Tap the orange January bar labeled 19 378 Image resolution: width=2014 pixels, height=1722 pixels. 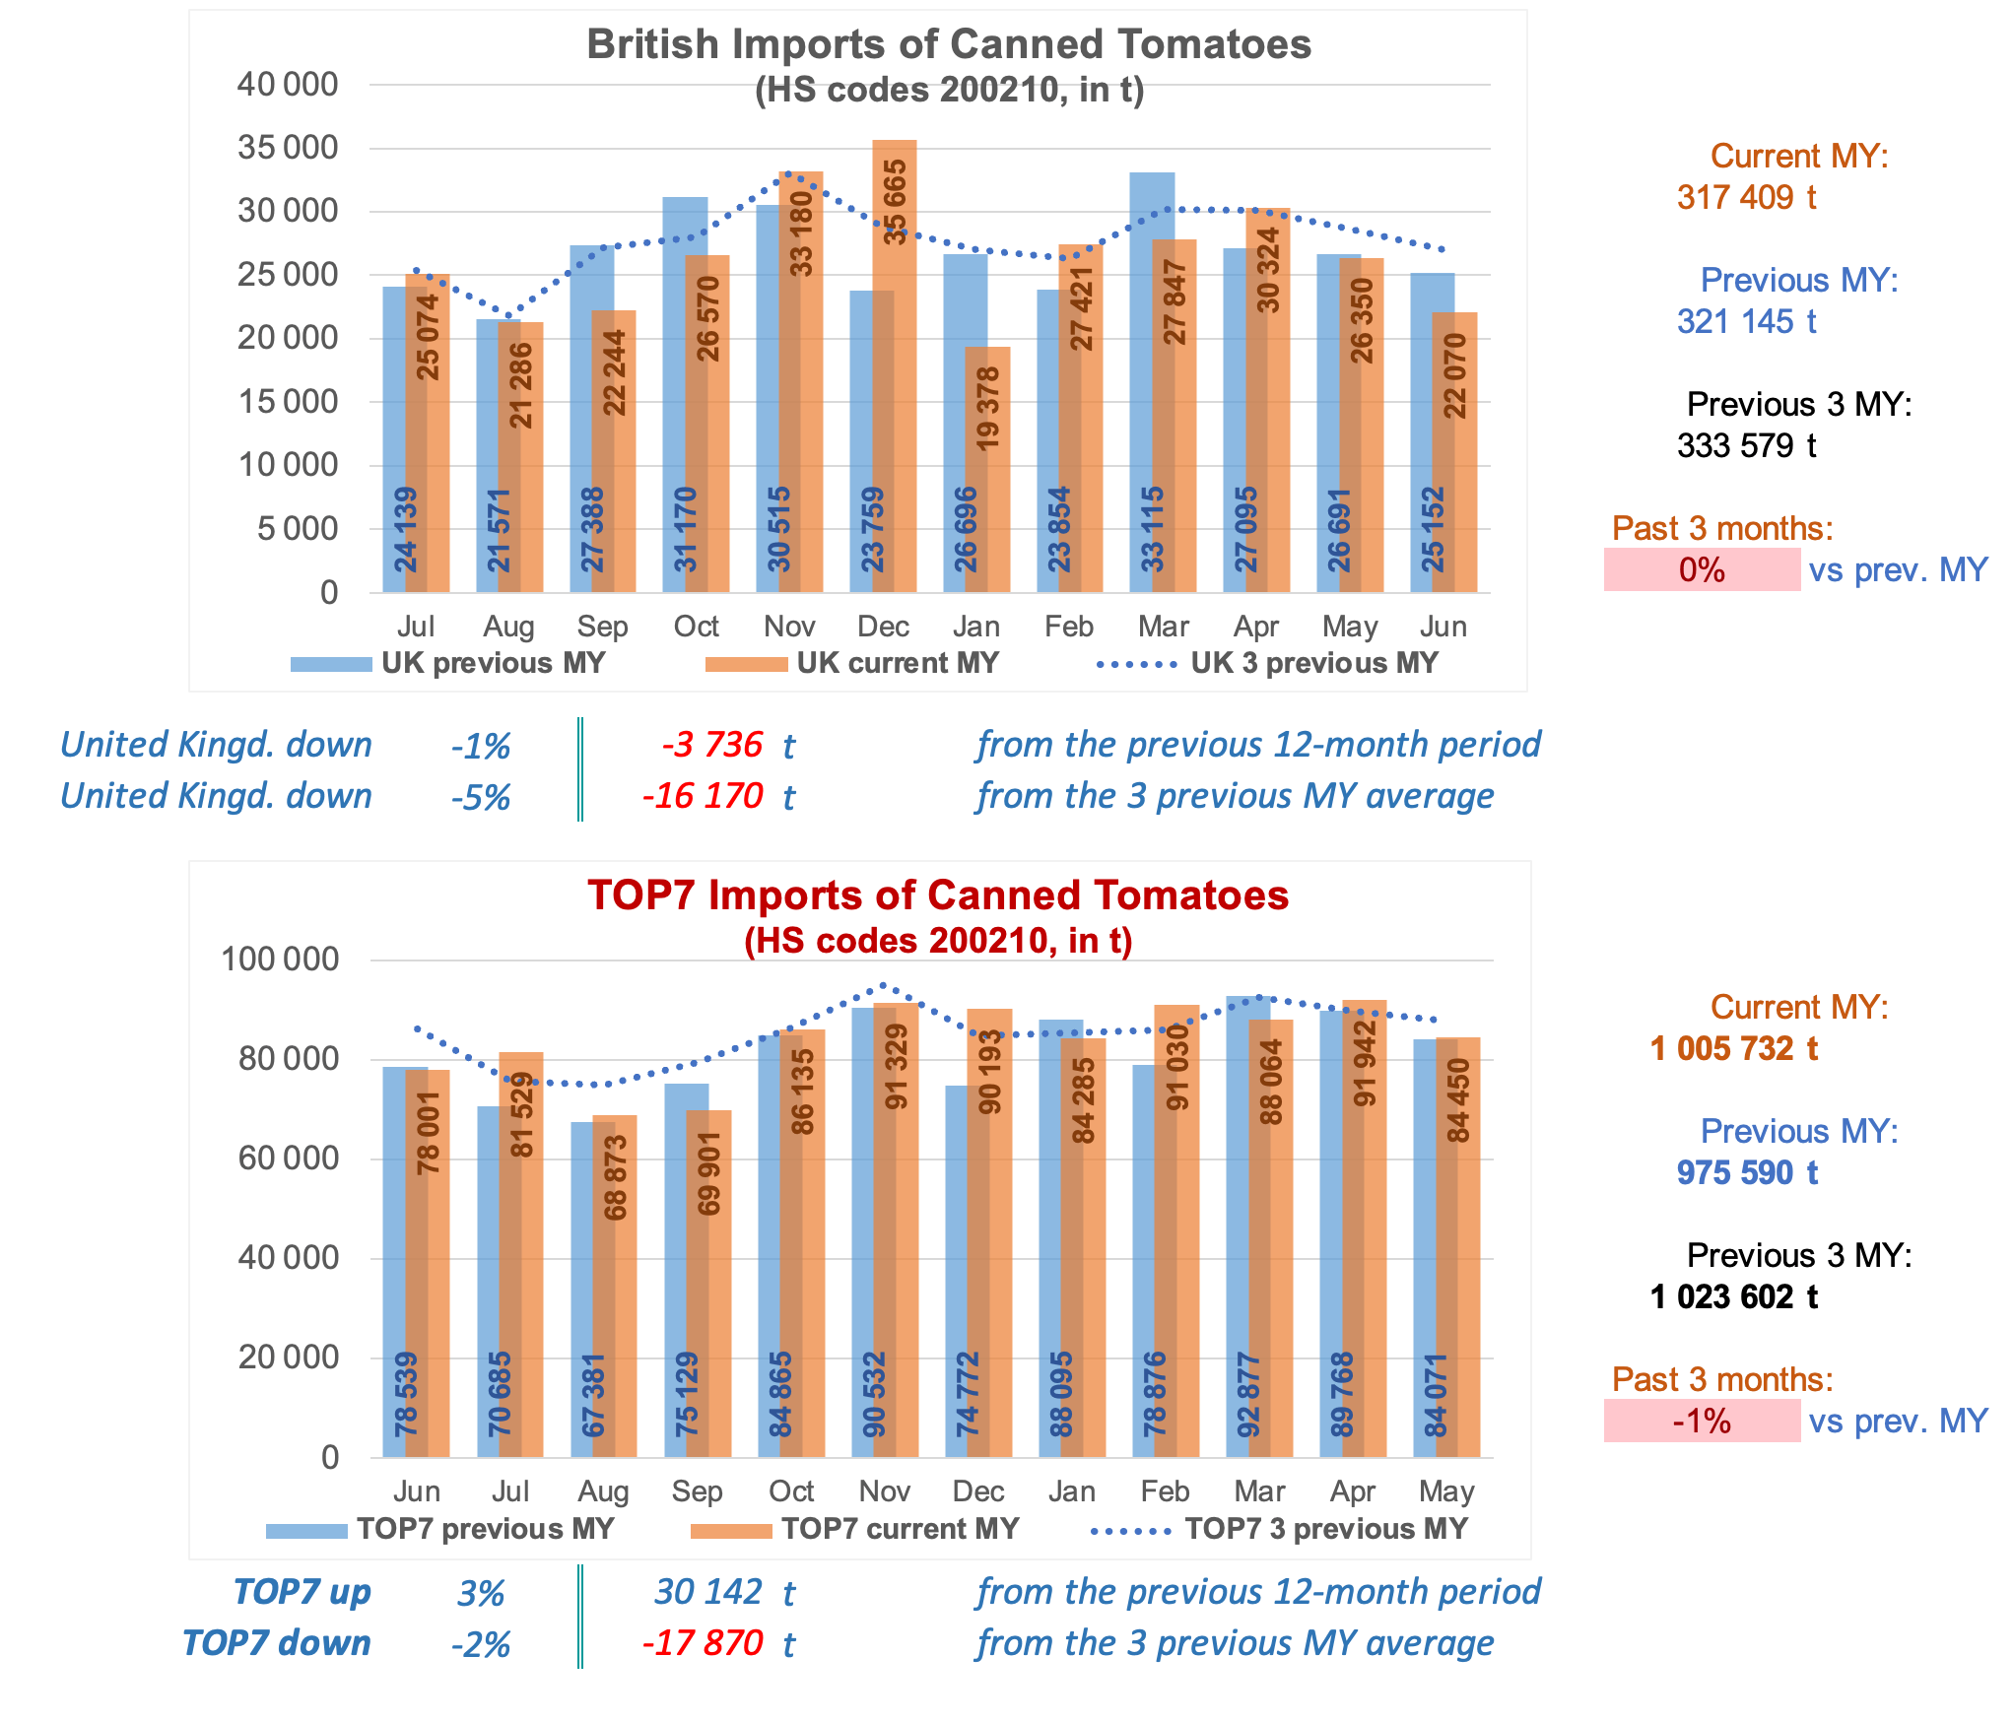(x=988, y=469)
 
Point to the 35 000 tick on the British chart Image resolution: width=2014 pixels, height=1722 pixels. (x=288, y=148)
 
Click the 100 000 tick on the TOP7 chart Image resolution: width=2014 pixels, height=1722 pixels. (x=280, y=959)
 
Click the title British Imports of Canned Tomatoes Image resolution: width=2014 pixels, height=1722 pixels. (x=949, y=44)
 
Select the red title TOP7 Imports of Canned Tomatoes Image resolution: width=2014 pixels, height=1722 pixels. (x=938, y=895)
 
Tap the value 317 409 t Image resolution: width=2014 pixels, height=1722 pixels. (x=1746, y=197)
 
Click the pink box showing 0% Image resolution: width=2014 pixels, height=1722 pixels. (x=1702, y=569)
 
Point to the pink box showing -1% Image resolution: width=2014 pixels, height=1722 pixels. (x=1702, y=1421)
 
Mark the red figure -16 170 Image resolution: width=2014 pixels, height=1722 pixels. (x=704, y=796)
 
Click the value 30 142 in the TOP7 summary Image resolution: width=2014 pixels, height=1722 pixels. (x=708, y=1592)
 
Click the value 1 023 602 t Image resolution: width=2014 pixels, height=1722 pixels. (x=1733, y=1296)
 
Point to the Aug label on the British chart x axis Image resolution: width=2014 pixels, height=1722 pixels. (x=508, y=627)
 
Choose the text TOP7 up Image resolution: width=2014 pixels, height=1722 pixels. (x=302, y=1592)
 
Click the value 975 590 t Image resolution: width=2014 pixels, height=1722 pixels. (x=1746, y=1172)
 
